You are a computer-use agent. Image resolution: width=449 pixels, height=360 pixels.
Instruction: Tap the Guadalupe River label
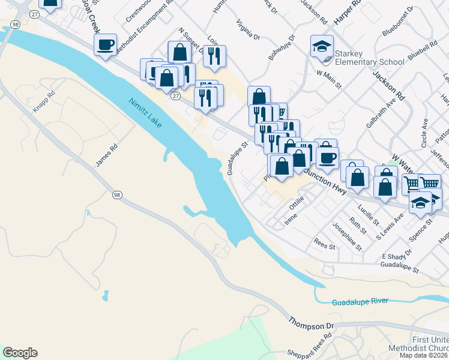pos(360,301)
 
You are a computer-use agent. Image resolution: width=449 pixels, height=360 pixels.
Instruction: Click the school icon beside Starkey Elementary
pos(322,46)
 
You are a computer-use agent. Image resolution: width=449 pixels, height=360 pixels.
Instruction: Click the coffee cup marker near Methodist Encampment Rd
pos(105,45)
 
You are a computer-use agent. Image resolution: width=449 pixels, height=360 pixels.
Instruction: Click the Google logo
pos(20,353)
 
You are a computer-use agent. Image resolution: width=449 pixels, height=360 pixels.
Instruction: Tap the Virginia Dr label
pos(247,31)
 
